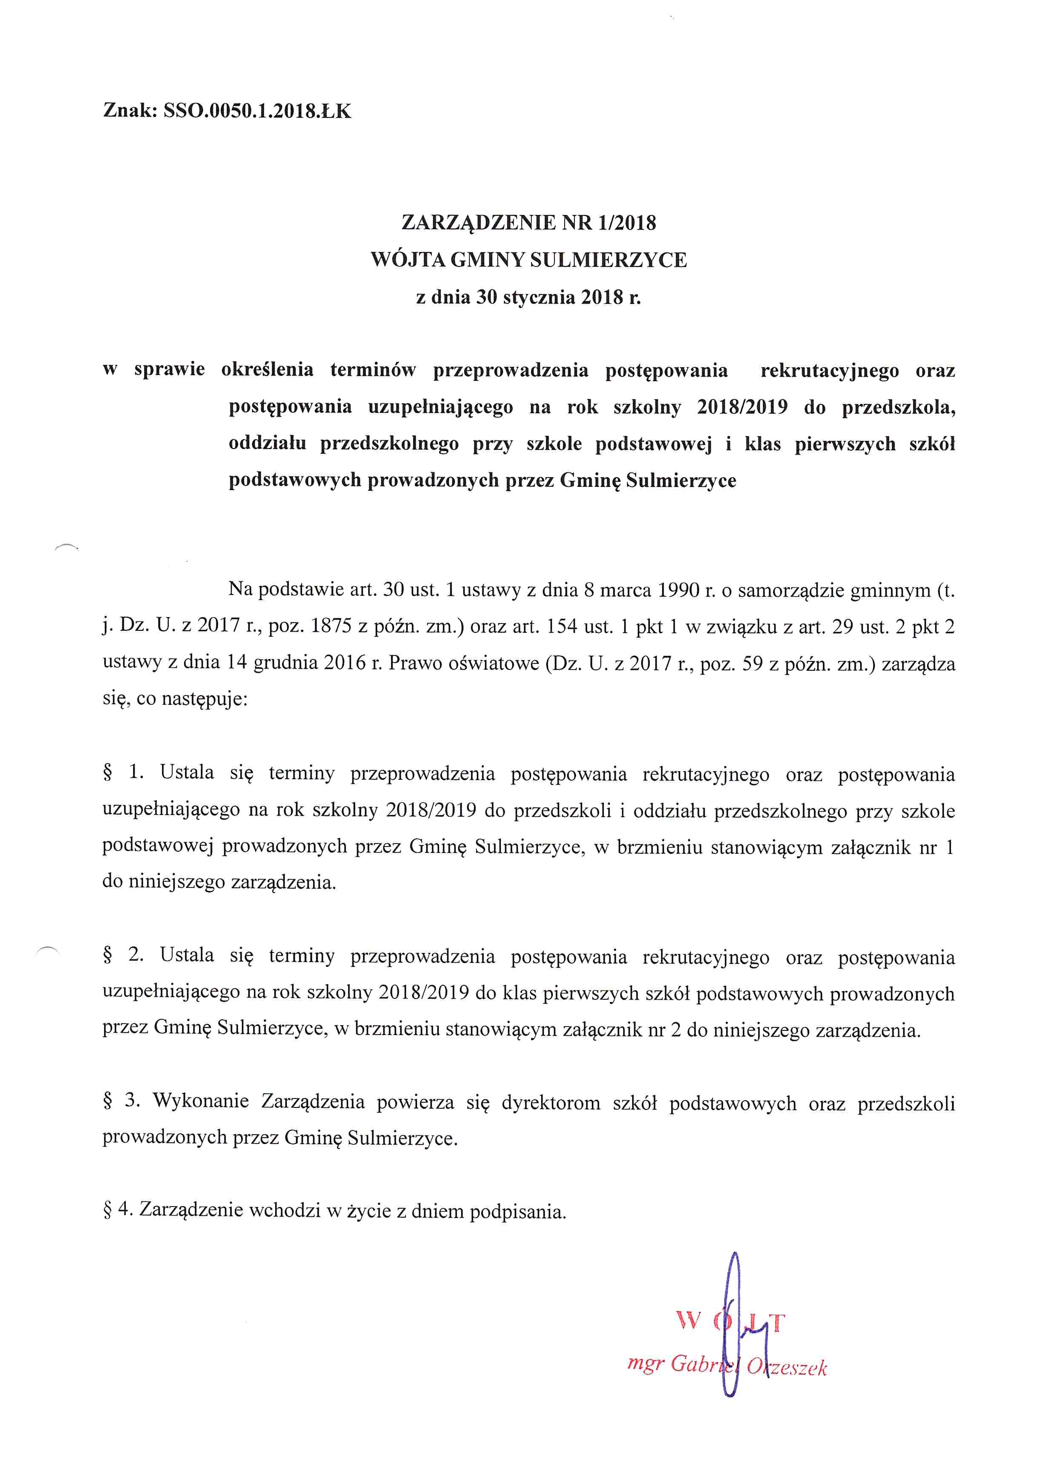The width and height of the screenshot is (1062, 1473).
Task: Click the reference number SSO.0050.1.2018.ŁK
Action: (257, 111)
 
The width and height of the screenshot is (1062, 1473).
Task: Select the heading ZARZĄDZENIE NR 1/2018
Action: (528, 223)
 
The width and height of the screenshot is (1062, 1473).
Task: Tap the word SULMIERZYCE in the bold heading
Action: (608, 260)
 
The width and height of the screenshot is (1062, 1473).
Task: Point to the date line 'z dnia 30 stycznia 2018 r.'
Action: (528, 297)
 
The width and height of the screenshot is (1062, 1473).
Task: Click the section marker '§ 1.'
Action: (123, 772)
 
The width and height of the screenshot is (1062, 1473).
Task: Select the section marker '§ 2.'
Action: (123, 955)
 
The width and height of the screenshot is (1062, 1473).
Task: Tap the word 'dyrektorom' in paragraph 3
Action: (551, 1103)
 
